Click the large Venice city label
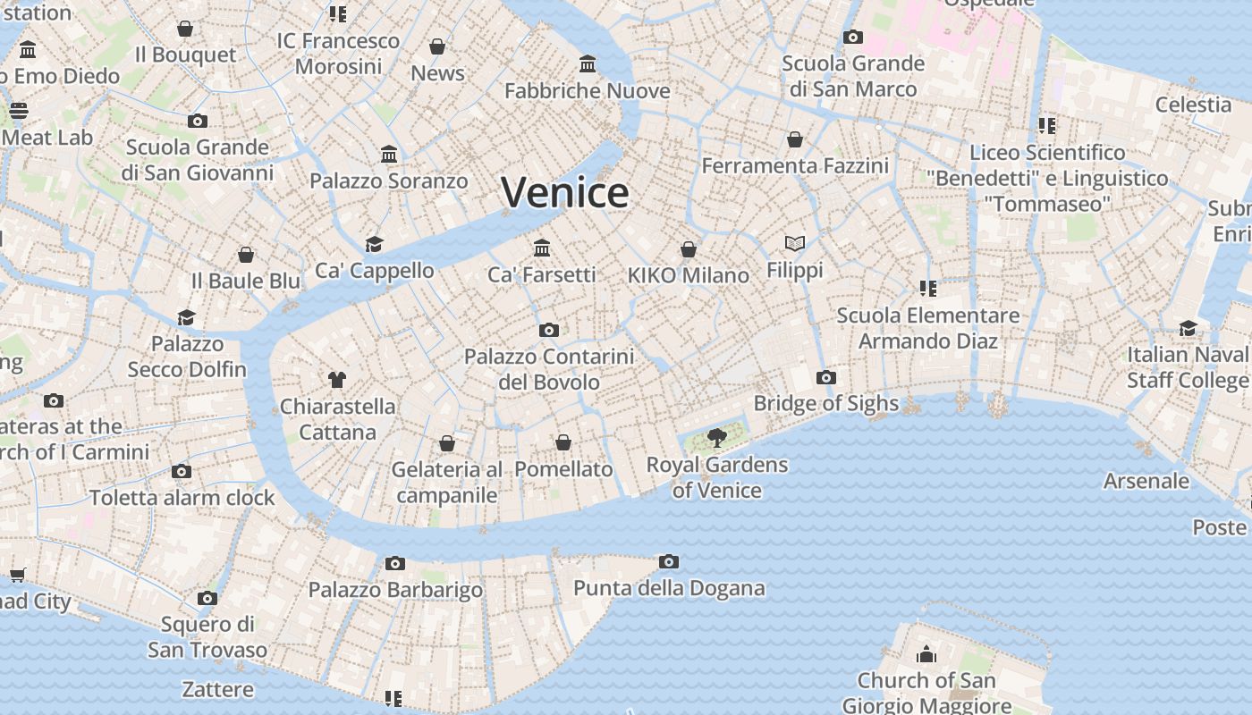(x=564, y=192)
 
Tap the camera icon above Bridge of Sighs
(x=826, y=377)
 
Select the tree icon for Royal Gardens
(x=716, y=437)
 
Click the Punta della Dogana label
(x=669, y=588)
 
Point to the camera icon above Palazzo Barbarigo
(x=394, y=563)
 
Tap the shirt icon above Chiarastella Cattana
(x=336, y=379)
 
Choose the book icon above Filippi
(x=795, y=243)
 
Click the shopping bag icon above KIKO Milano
(x=688, y=249)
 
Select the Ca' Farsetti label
(x=541, y=274)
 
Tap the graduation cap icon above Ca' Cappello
(x=374, y=244)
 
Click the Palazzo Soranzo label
(x=388, y=181)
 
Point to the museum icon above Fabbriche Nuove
(x=588, y=64)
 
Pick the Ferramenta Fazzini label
(x=795, y=165)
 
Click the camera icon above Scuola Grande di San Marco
(x=853, y=37)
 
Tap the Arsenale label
(x=1146, y=481)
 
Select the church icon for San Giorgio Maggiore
(x=926, y=654)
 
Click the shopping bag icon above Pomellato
(x=563, y=442)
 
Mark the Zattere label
(x=217, y=689)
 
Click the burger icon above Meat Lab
(x=19, y=111)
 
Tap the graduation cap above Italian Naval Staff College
(x=1188, y=328)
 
